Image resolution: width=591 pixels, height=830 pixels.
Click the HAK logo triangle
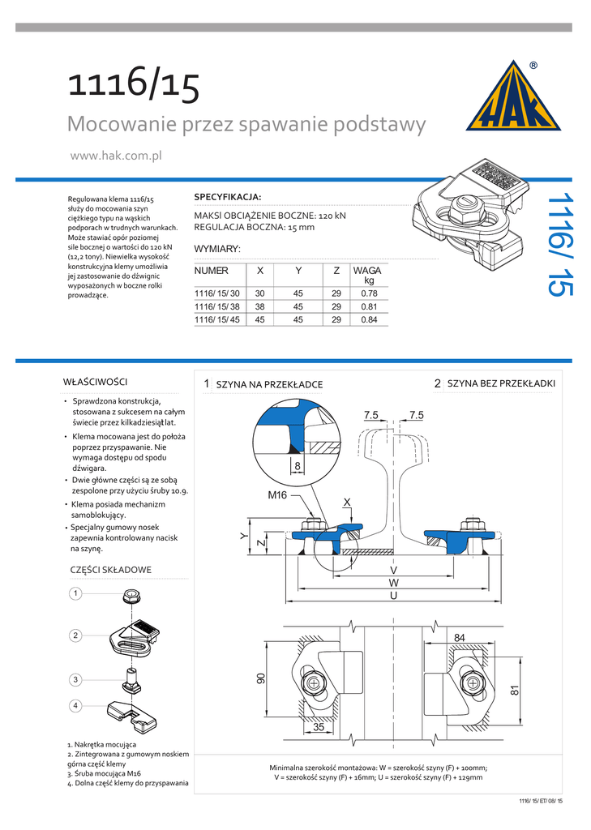[513, 98]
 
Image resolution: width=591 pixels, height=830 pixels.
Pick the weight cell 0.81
[369, 306]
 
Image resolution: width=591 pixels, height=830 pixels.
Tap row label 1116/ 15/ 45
[217, 320]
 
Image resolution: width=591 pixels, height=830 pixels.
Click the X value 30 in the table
[260, 293]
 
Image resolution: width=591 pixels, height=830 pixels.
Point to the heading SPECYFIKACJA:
[228, 197]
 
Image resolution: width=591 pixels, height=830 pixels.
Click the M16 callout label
[278, 494]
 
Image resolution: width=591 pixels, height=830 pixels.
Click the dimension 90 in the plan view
[261, 679]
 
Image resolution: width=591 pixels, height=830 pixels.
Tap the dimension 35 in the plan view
[319, 727]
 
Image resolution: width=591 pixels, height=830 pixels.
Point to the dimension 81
[515, 691]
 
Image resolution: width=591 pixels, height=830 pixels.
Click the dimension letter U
[394, 596]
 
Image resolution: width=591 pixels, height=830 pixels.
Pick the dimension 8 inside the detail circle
[298, 466]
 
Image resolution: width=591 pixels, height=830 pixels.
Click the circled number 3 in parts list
[75, 679]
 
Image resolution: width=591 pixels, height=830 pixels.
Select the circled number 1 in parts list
[75, 594]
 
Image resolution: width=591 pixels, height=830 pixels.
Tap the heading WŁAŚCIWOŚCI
[95, 381]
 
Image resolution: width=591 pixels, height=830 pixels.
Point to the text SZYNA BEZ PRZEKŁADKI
[501, 383]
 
